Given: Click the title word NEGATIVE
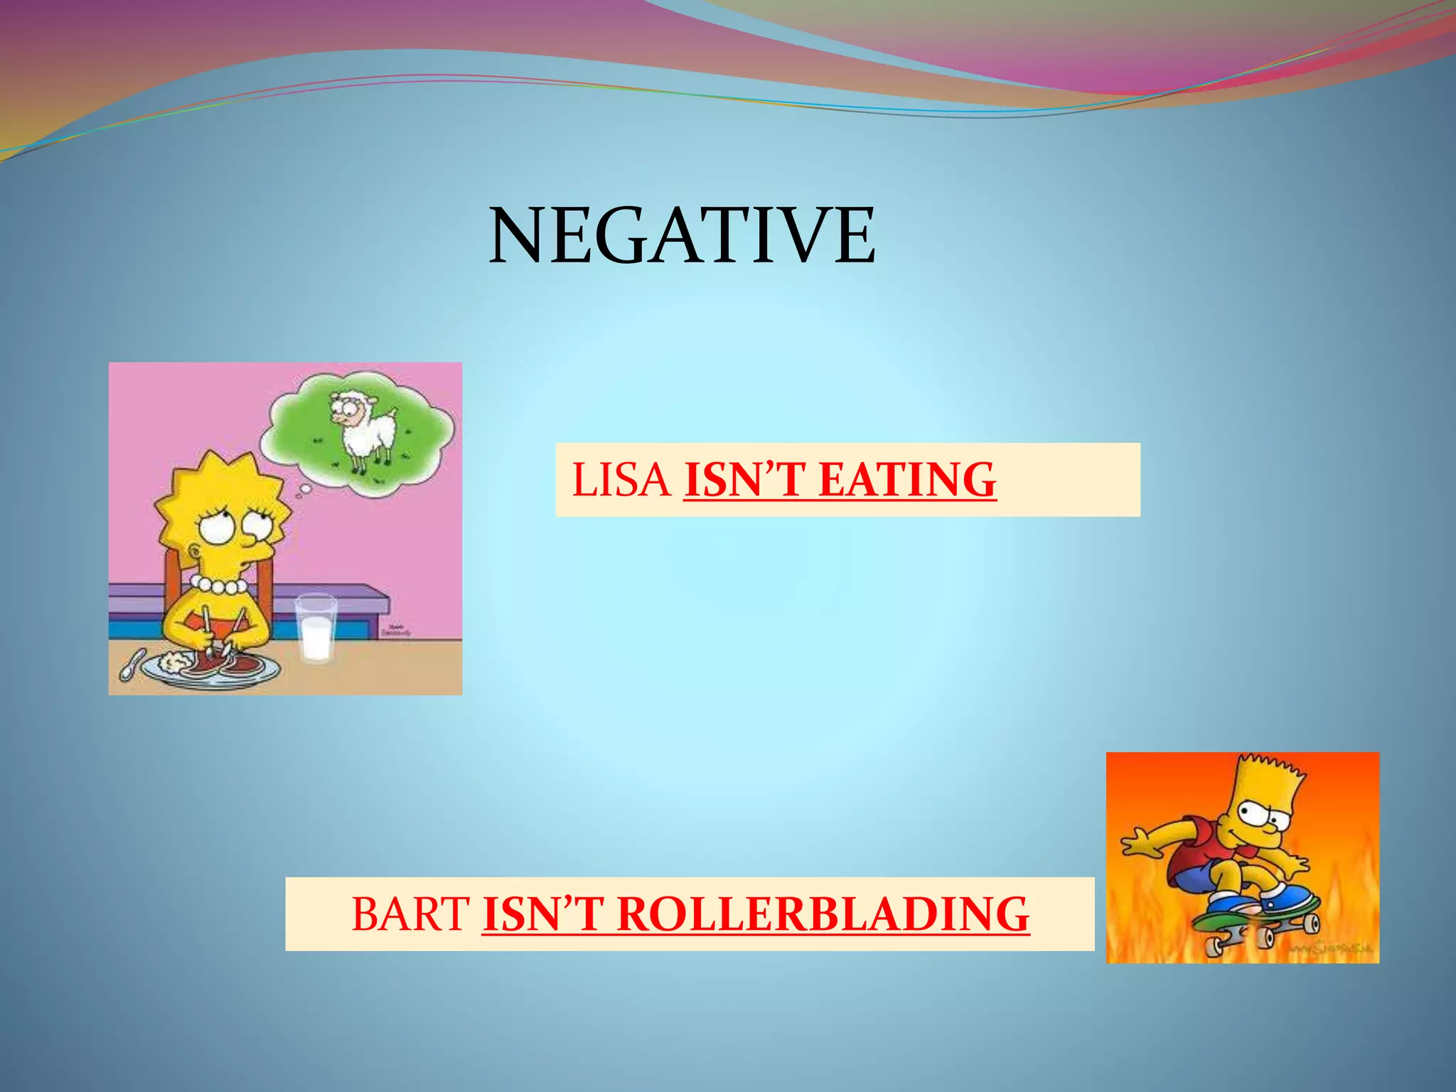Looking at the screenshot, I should (x=682, y=235).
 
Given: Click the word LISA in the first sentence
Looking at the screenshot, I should (x=621, y=480).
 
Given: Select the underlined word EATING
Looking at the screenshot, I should (x=907, y=480).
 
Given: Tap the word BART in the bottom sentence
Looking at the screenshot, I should (x=410, y=914).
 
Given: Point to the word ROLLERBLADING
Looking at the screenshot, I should (x=823, y=914).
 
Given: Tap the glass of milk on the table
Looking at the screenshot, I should (x=316, y=628).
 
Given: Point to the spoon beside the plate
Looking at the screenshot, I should (x=129, y=665).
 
